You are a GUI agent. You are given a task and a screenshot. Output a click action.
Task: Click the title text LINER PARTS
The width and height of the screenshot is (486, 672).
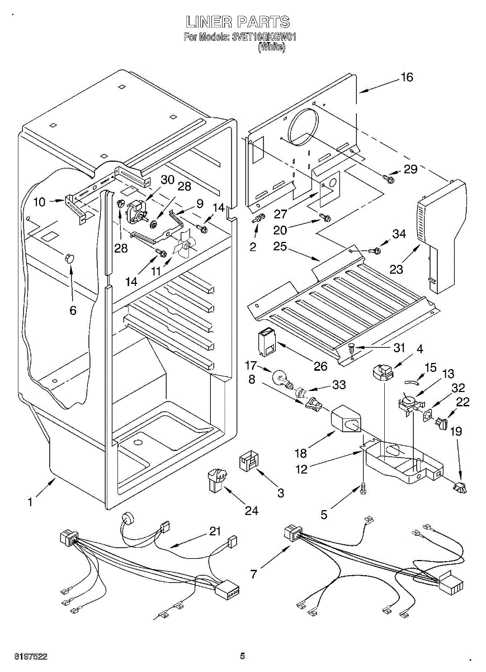[x=238, y=22]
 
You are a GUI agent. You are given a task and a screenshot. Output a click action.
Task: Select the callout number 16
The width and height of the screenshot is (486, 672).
[x=407, y=77]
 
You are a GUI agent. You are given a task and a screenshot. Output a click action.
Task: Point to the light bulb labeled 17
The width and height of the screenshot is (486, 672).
[x=281, y=379]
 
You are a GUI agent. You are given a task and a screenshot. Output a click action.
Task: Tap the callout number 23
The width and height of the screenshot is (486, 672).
[x=397, y=269]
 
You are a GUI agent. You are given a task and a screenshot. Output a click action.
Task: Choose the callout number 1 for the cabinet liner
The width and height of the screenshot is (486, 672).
[x=30, y=502]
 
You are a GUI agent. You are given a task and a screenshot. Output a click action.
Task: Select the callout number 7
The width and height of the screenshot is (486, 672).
[x=254, y=574]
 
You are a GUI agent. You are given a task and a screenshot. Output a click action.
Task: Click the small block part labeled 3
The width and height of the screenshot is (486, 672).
[x=248, y=462]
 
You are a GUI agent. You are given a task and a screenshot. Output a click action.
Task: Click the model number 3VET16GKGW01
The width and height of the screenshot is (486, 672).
[x=263, y=38]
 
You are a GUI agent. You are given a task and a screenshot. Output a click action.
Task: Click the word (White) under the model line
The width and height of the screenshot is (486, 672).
[x=272, y=48]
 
